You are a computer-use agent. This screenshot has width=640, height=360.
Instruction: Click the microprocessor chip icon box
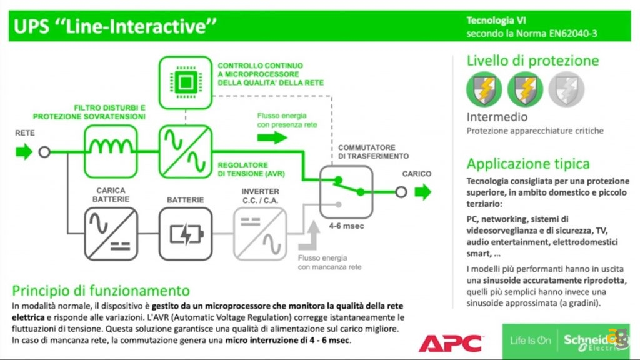[186, 81]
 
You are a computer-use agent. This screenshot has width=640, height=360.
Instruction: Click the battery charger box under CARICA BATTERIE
[111, 234]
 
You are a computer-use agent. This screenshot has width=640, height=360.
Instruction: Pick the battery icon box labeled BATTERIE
[186, 234]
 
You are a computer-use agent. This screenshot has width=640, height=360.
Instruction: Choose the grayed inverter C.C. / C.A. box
[261, 234]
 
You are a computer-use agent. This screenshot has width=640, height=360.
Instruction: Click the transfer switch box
[347, 191]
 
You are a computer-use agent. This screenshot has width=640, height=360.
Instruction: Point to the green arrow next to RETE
[24, 151]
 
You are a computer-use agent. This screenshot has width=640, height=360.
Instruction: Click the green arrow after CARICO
[424, 191]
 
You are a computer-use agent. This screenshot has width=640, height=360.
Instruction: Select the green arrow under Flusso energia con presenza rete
[272, 137]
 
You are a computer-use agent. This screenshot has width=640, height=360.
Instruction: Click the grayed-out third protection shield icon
[566, 89]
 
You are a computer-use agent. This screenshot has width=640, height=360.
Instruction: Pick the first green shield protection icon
[484, 89]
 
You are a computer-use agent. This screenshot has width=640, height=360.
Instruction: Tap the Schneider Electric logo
[587, 341]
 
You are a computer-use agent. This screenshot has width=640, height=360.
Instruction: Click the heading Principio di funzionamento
[101, 291]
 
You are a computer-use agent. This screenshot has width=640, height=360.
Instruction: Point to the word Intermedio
[497, 117]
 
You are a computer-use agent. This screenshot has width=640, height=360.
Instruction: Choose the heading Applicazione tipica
[528, 164]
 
